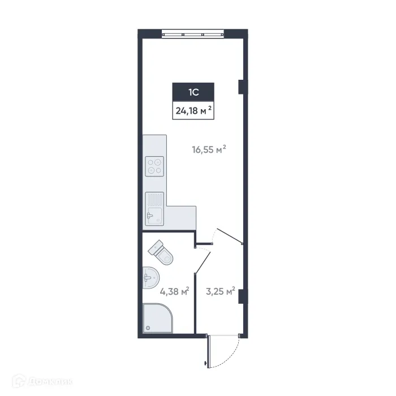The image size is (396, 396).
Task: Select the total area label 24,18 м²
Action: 193,110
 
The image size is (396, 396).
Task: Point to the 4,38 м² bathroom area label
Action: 174,291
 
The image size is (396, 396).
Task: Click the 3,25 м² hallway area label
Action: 221,291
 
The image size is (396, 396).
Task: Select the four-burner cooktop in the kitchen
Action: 154,166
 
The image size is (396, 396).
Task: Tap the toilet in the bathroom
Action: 162,252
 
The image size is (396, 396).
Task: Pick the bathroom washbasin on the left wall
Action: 150,278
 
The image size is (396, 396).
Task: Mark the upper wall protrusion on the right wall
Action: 242,87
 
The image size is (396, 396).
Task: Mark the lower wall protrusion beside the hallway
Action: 242,296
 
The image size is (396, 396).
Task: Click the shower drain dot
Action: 148,328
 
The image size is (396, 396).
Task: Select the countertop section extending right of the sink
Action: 180,217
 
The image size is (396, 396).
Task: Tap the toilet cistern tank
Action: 156,247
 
